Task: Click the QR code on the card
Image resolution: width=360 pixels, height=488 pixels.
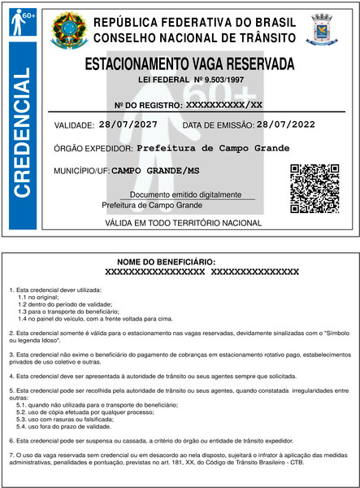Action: click(314, 188)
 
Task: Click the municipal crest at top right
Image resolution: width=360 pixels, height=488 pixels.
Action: click(322, 30)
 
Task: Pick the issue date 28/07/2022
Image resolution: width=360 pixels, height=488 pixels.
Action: click(285, 124)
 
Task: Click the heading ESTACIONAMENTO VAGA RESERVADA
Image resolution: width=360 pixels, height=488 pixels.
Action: click(190, 63)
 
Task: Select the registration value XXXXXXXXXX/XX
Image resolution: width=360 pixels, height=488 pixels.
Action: click(224, 105)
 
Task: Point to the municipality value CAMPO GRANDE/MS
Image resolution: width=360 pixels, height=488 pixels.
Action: click(154, 171)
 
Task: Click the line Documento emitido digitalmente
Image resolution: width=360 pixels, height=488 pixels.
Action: click(186, 195)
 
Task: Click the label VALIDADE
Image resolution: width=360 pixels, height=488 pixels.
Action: click(74, 125)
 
